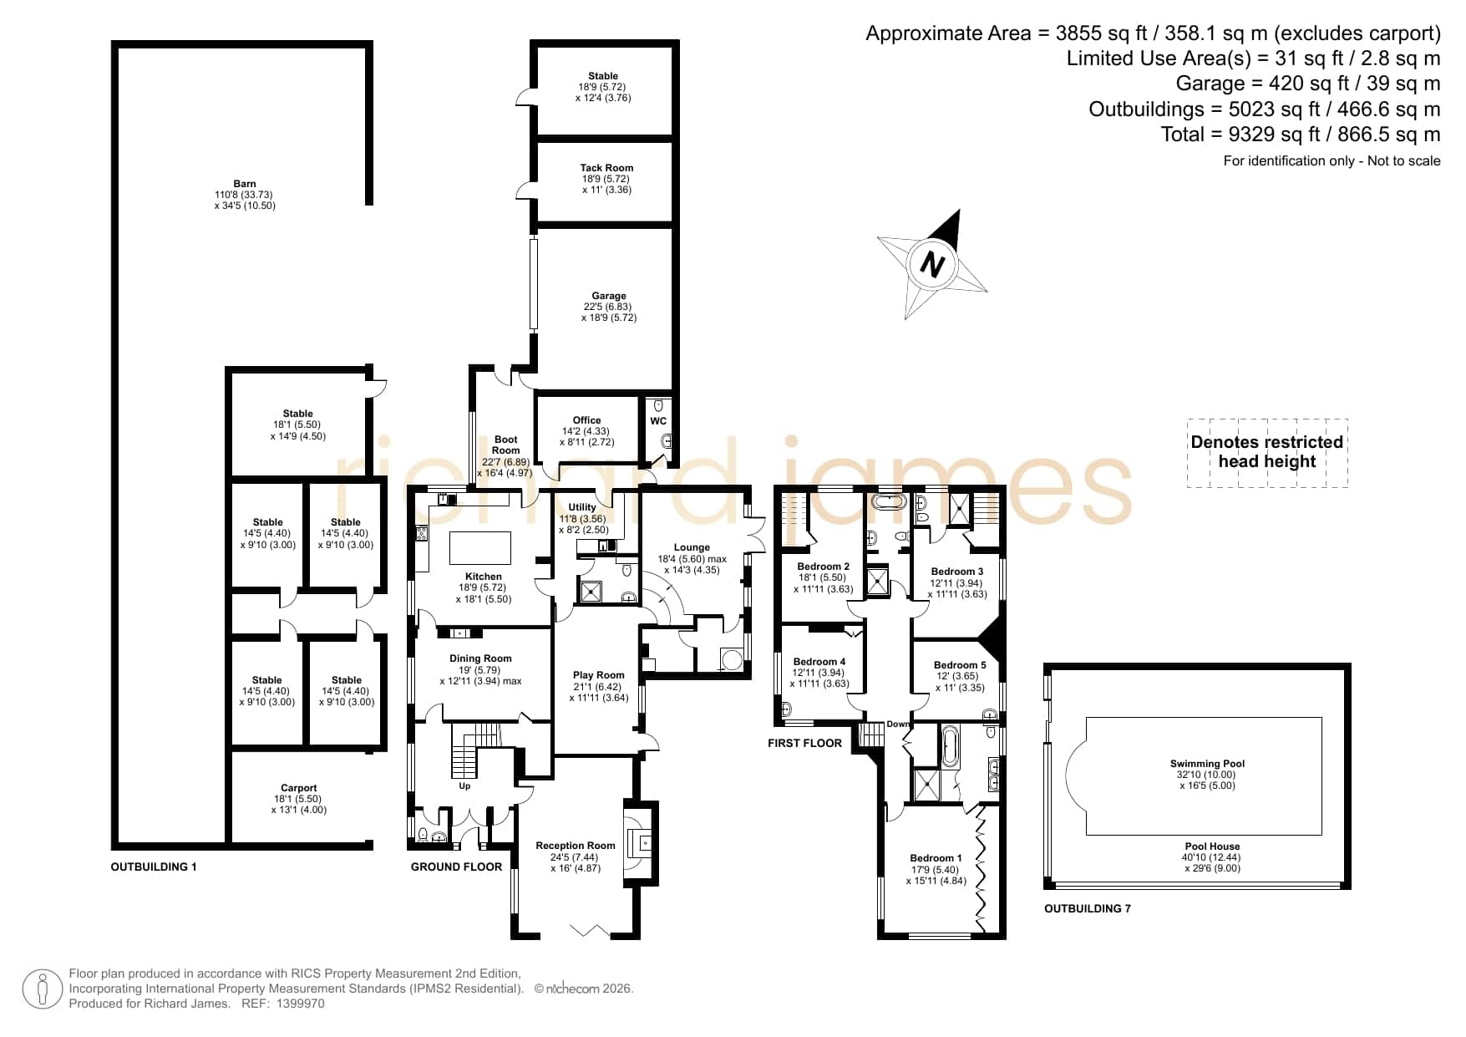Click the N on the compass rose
coord(931,265)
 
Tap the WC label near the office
coord(658,421)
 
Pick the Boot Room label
coord(505,445)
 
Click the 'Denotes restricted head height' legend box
coord(1267,452)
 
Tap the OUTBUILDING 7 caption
coord(1088,908)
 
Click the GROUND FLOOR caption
coord(456,867)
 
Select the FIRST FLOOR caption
coord(804,743)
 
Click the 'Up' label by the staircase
coord(464,785)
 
